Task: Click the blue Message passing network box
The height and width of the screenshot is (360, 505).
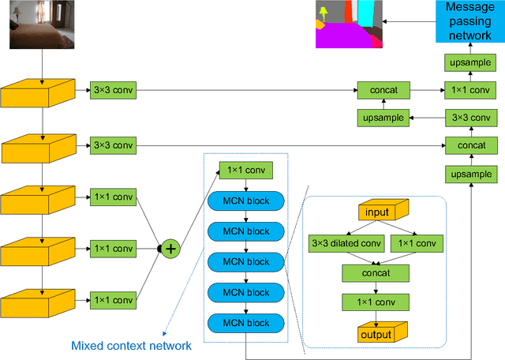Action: pos(469,21)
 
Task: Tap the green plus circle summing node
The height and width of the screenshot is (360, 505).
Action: pos(170,248)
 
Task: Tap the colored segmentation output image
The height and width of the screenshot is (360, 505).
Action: pos(348,24)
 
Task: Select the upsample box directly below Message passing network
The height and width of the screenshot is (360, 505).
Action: pos(469,62)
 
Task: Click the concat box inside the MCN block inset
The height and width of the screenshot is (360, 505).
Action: pos(376,272)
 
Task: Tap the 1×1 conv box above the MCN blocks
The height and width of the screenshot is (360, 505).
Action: pos(246,170)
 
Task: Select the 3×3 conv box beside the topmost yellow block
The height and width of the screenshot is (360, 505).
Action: pos(114,90)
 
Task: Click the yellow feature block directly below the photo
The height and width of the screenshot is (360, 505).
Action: pos(37,94)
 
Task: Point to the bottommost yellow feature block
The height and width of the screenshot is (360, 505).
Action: pos(37,304)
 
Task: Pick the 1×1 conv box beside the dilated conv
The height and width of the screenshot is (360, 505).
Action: pos(415,244)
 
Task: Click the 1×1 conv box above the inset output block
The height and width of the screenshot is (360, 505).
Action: pos(376,302)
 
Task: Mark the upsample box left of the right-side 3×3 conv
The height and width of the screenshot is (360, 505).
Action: pos(384,118)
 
